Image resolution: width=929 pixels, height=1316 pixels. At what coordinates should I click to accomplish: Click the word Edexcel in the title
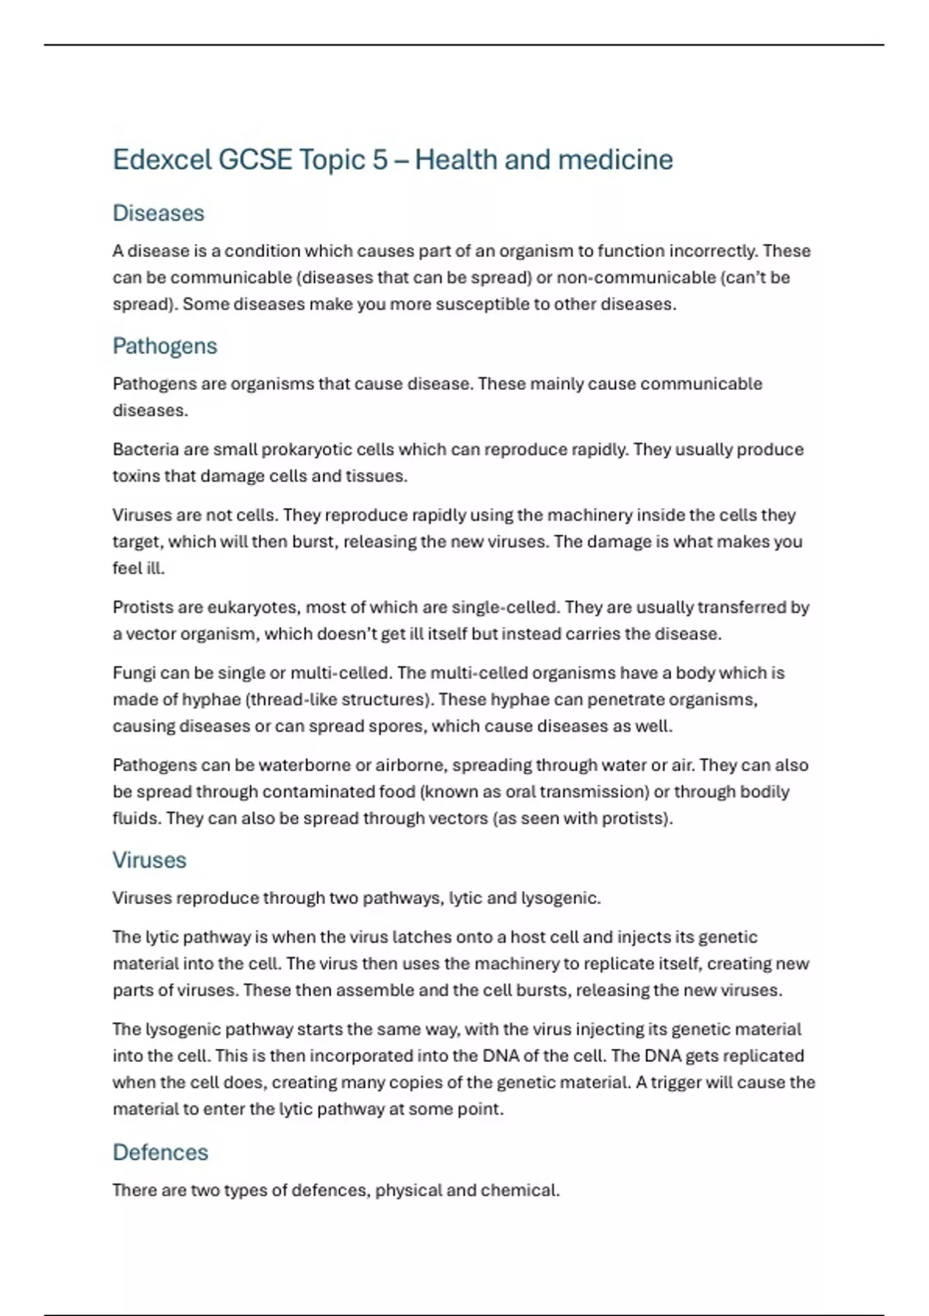point(161,160)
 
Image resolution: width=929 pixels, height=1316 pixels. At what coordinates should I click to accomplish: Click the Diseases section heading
point(158,213)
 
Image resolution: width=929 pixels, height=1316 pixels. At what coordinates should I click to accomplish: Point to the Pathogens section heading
point(164,346)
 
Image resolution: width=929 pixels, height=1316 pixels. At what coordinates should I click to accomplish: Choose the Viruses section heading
point(149,860)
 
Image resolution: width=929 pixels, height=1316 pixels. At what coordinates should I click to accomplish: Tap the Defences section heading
point(160,1152)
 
